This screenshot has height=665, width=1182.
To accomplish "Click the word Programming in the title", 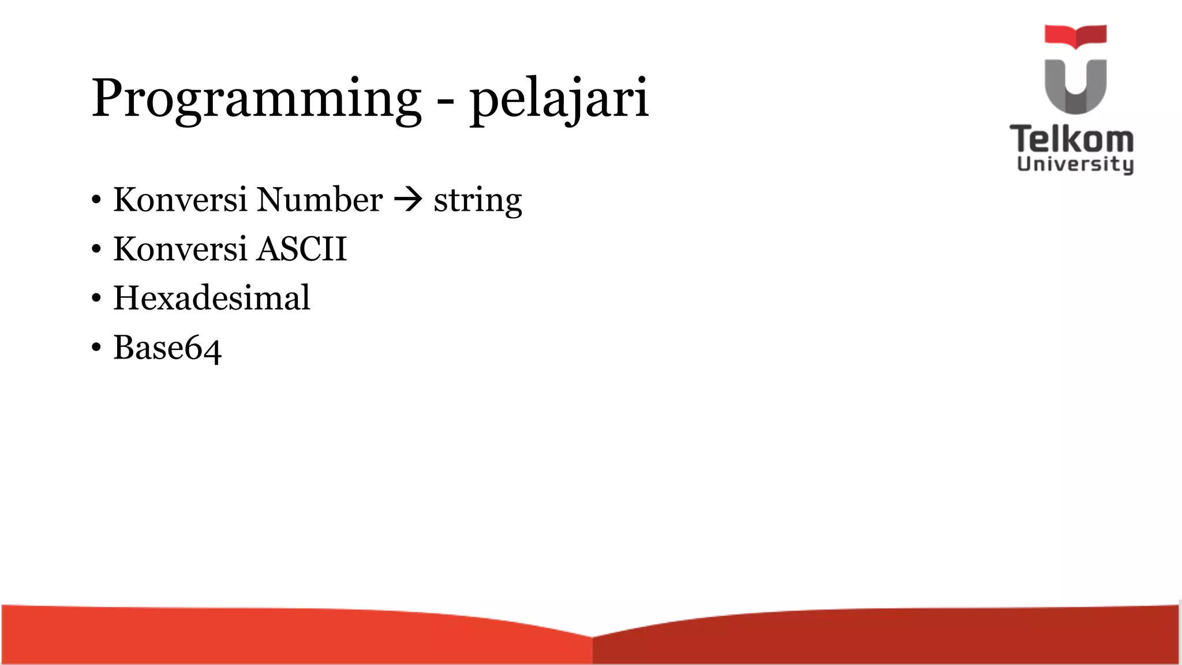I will click(256, 99).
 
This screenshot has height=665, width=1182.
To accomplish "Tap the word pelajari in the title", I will click(559, 99).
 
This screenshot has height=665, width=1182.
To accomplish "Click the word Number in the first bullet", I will click(319, 200).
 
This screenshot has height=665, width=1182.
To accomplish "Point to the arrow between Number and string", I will click(408, 200).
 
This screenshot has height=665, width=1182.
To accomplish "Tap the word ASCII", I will click(302, 249).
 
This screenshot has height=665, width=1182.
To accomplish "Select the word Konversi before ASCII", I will click(180, 249).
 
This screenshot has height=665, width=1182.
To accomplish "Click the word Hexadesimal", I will click(211, 298).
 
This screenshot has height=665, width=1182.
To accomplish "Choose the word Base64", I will click(167, 348).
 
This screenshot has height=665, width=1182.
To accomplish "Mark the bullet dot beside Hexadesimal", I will click(96, 299).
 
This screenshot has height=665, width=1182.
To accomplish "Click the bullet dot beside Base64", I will click(96, 348).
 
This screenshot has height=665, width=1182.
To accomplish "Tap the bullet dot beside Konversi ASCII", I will click(96, 250).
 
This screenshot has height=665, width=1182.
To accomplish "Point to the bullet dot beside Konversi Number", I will click(96, 201).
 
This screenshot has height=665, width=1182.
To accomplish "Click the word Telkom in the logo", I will click(1072, 140).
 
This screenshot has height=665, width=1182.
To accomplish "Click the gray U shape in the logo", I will click(1075, 87).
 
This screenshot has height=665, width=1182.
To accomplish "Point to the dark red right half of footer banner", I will click(883, 638).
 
